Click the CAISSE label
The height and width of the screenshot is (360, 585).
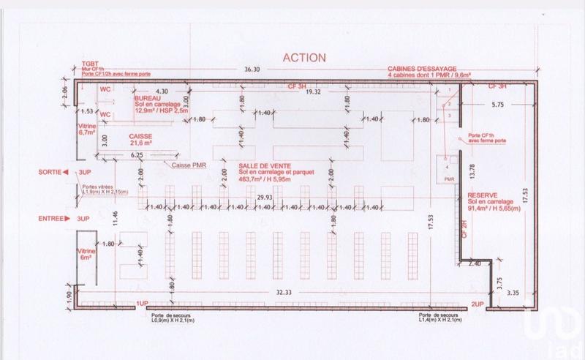141,137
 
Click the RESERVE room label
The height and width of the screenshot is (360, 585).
483,196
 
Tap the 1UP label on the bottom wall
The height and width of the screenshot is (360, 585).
142,302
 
